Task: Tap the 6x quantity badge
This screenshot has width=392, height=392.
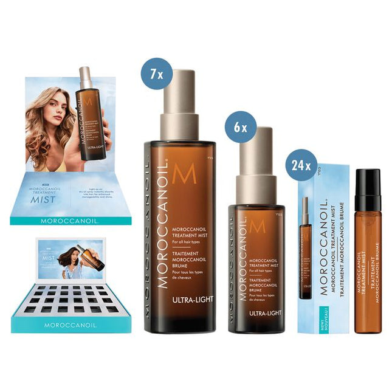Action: pyautogui.click(x=239, y=126)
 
